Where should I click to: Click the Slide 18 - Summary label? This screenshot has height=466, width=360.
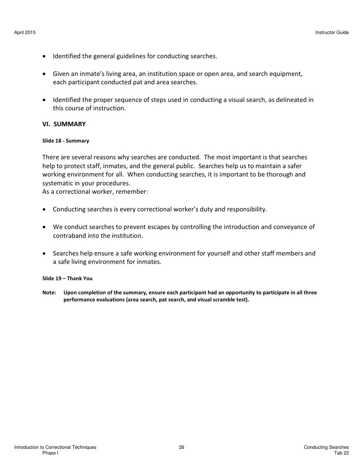pyautogui.click(x=65, y=141)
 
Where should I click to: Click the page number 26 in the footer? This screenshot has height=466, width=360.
pyautogui.click(x=181, y=447)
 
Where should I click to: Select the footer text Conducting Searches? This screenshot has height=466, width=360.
pyautogui.click(x=326, y=447)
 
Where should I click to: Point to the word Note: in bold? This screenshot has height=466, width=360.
pyautogui.click(x=49, y=293)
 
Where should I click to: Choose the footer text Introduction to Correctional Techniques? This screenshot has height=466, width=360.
pyautogui.click(x=55, y=447)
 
